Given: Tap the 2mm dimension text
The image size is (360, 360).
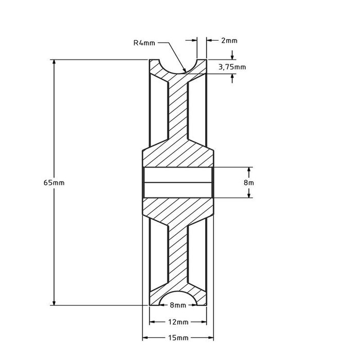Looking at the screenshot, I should click(x=229, y=40).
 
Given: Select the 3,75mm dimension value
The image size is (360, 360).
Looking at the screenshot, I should click(x=232, y=66).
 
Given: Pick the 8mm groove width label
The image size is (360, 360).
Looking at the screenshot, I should click(x=177, y=306).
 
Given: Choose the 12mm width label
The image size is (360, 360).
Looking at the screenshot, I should click(x=177, y=323).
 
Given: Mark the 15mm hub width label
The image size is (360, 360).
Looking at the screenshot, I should click(x=177, y=338).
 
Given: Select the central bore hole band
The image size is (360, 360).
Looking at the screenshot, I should click(x=177, y=182).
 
